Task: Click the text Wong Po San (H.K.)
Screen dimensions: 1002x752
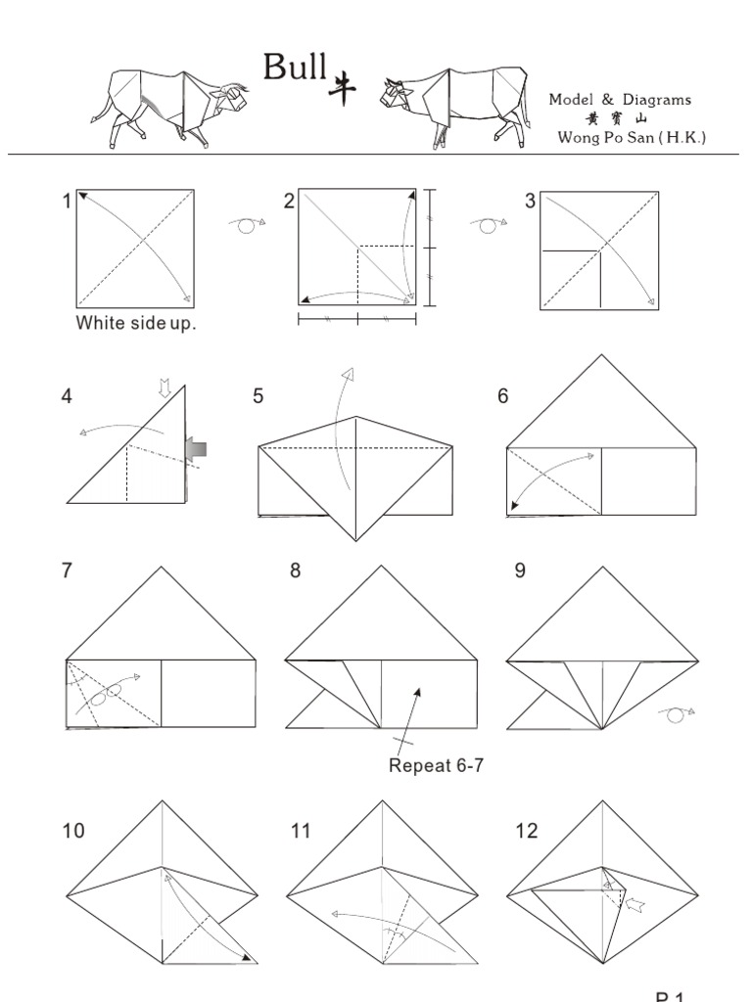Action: click(632, 138)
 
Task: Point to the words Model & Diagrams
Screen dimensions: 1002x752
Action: click(620, 100)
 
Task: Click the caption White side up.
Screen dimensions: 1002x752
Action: click(136, 324)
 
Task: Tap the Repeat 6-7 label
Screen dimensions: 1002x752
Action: click(436, 765)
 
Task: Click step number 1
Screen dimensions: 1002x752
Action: click(67, 202)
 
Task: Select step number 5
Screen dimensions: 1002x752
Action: click(258, 396)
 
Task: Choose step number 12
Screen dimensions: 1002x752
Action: click(527, 831)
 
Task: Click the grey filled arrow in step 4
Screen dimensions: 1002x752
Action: click(197, 448)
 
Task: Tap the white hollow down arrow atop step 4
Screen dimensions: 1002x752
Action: click(164, 389)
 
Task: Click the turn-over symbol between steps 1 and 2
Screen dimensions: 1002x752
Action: click(247, 225)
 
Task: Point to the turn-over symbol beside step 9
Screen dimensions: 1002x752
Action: click(677, 713)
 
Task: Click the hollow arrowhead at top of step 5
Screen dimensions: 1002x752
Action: click(347, 375)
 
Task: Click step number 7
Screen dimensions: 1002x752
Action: click(67, 570)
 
